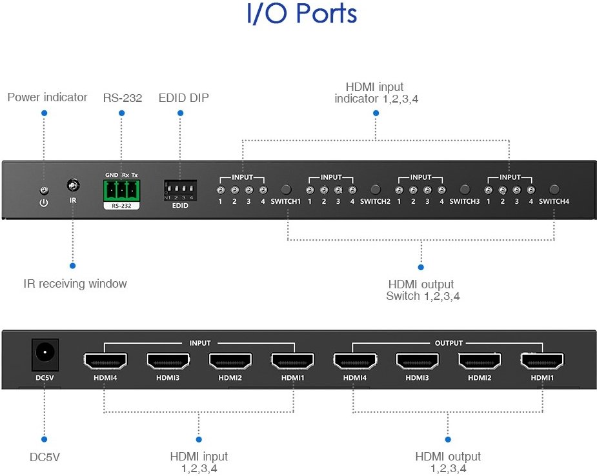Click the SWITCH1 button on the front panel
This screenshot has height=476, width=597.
pos(286,190)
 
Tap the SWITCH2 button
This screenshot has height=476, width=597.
pos(375,190)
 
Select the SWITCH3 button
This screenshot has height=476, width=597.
pos(464,190)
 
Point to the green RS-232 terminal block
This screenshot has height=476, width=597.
pos(121,190)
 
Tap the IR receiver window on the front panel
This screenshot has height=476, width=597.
pos(73,186)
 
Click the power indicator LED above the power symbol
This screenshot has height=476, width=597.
pos(44,190)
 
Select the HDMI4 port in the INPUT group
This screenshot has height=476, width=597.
pos(105,361)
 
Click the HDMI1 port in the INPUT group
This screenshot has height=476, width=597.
pos(292,361)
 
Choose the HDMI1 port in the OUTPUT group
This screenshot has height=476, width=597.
pos(542,361)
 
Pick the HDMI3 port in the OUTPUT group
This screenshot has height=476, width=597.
pos(417,361)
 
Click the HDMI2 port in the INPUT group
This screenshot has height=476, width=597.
pos(230,361)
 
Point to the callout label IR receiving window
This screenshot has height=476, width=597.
pos(75,284)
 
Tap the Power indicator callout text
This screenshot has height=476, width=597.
pos(47,97)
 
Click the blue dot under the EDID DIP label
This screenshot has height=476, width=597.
pos(181,113)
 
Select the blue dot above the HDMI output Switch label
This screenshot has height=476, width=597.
pos(421,266)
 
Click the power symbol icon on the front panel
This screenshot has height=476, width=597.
pos(44,203)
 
